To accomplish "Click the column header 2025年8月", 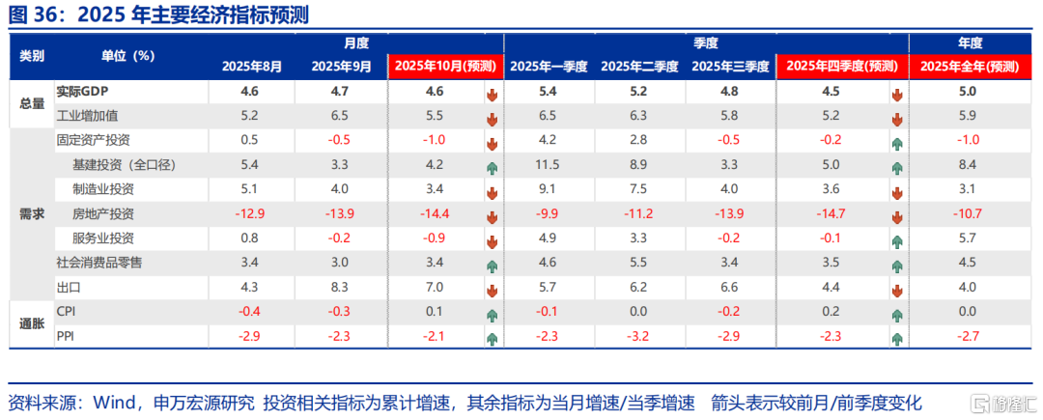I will [252, 67].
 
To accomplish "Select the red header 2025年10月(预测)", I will [444, 67].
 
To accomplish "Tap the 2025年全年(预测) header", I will [969, 67].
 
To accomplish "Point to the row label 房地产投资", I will [103, 213].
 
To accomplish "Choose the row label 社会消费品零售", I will [99, 263].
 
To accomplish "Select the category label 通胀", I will [32, 322].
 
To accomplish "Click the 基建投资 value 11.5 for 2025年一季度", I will [546, 165].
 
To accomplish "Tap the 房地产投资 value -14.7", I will [831, 213].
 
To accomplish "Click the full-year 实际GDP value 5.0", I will [969, 92].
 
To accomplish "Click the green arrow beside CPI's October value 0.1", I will [492, 314].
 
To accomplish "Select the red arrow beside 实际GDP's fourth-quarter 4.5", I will [897, 95].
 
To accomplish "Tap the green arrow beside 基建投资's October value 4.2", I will [492, 168].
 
